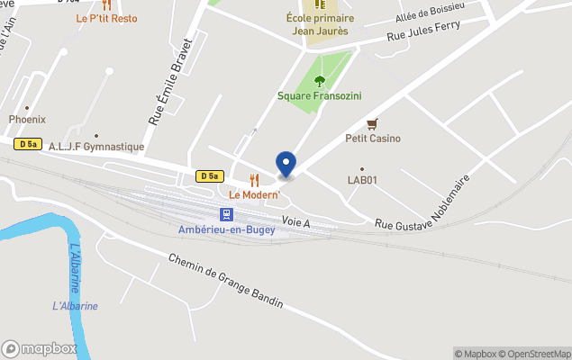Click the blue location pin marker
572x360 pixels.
click(x=286, y=165)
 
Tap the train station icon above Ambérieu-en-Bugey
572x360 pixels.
click(x=227, y=214)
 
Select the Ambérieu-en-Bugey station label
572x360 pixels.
click(x=227, y=229)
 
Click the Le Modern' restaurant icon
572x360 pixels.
click(x=254, y=180)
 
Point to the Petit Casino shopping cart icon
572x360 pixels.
click(x=372, y=124)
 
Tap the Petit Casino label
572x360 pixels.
click(x=373, y=139)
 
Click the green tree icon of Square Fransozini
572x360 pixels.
click(x=320, y=81)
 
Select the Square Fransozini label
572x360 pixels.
click(x=320, y=95)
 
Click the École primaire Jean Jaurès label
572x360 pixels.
click(x=320, y=24)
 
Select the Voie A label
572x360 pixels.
click(x=295, y=220)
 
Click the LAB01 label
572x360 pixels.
click(x=362, y=180)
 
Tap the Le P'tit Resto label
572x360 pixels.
click(x=107, y=18)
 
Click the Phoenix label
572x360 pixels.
click(x=27, y=119)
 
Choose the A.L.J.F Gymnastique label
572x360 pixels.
click(x=96, y=147)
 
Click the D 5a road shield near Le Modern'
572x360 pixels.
click(x=209, y=176)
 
